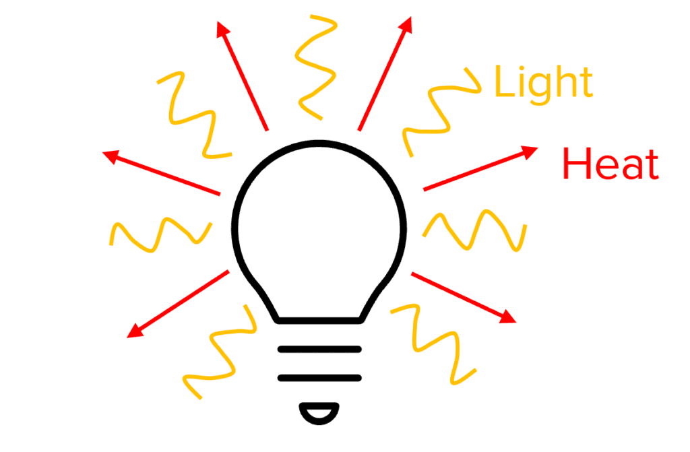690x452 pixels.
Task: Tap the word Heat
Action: [610, 164]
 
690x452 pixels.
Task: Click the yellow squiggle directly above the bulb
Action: [315, 64]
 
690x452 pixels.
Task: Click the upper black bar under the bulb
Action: [319, 350]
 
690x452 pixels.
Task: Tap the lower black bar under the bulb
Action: [319, 377]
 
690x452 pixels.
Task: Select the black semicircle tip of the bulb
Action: [319, 412]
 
